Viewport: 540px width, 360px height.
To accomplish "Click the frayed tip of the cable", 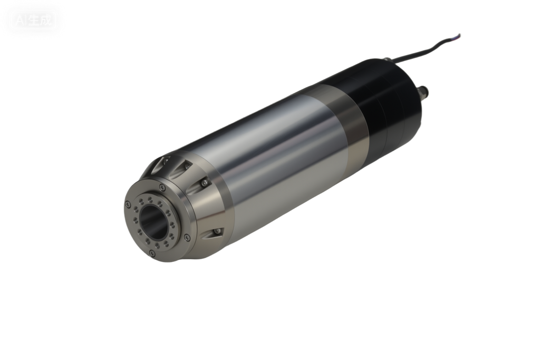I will [x=460, y=35].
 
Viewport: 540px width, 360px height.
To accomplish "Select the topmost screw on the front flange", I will [x=162, y=188].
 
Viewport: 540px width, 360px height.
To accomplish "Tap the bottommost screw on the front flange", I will [x=152, y=254].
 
